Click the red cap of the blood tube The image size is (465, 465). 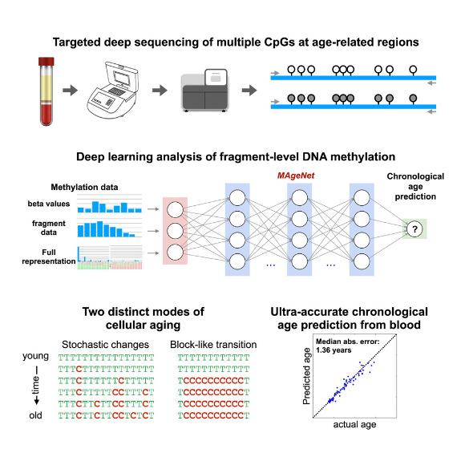click(x=46, y=62)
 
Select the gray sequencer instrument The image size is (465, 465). click(x=205, y=91)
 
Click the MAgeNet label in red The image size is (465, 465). click(x=296, y=176)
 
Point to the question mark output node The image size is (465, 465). click(x=414, y=229)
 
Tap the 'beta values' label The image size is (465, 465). click(x=49, y=204)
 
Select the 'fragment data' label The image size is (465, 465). click(x=49, y=228)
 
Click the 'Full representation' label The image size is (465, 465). click(x=49, y=257)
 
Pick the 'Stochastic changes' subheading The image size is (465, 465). click(x=105, y=345)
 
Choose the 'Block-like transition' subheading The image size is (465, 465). click(x=213, y=345)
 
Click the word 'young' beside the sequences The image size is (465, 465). click(x=35, y=356)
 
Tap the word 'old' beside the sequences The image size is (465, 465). click(x=35, y=415)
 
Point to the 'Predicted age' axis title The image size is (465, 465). click(x=306, y=376)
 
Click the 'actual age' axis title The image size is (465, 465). click(x=354, y=424)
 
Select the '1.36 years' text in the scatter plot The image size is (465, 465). click(x=334, y=350)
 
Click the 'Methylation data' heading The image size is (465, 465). click(x=84, y=187)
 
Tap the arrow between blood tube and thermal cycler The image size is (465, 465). click(x=71, y=90)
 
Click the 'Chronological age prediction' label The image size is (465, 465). click(x=415, y=186)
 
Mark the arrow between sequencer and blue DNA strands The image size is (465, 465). click(x=249, y=90)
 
